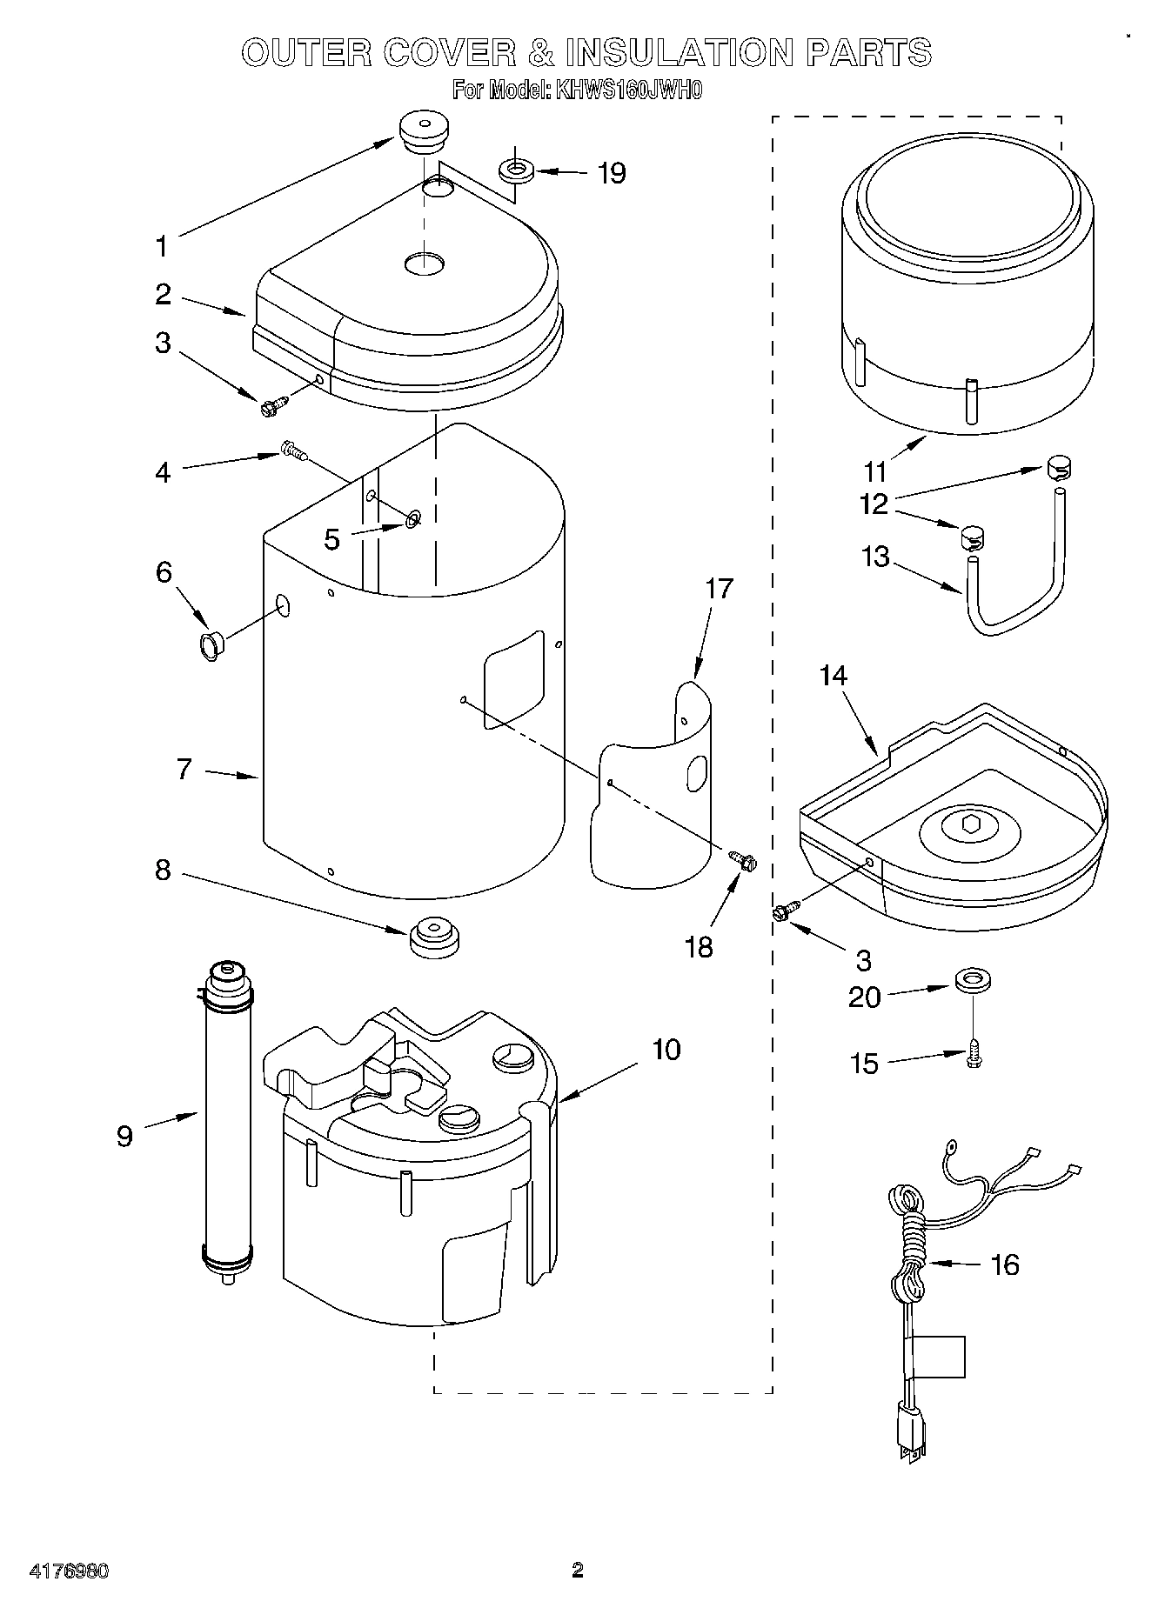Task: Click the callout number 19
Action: pos(612,173)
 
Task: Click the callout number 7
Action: pos(184,769)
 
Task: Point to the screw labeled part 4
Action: pos(293,450)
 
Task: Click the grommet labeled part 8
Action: pos(432,937)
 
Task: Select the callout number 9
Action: pos(125,1135)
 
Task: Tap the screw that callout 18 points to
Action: pos(741,860)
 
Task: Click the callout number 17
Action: pos(719,589)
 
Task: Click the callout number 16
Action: pos(1005,1264)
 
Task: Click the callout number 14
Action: pos(833,676)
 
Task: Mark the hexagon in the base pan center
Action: pos(972,824)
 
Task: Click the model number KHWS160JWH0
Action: pos(626,90)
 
